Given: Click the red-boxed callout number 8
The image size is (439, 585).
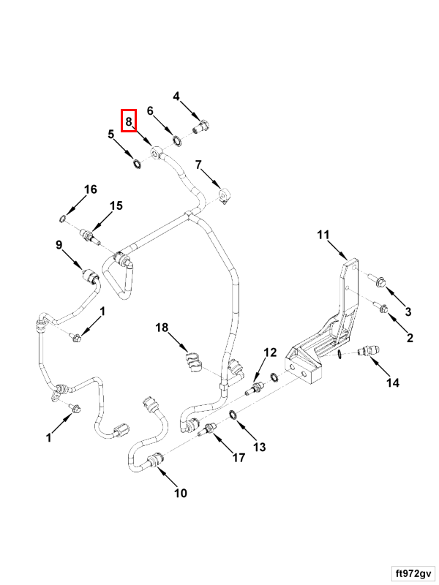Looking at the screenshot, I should (x=129, y=120).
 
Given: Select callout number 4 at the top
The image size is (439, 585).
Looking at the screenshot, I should (x=176, y=96).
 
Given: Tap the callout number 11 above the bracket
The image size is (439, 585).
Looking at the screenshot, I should (x=323, y=235).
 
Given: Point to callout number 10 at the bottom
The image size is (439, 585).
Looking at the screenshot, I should (x=180, y=493).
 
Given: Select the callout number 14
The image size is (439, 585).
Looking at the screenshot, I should (x=394, y=382).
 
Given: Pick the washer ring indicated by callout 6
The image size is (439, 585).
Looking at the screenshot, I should (x=176, y=139).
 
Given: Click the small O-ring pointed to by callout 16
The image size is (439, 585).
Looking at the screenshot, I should (x=64, y=219).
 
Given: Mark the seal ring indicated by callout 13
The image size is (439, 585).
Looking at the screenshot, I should (x=232, y=415).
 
